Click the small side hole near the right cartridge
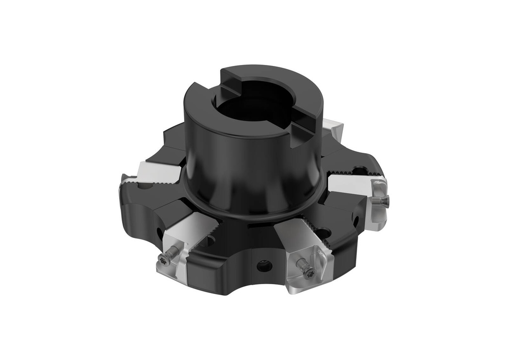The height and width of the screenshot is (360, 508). tap(356, 219)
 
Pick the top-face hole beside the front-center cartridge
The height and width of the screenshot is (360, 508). tap(323, 232)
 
